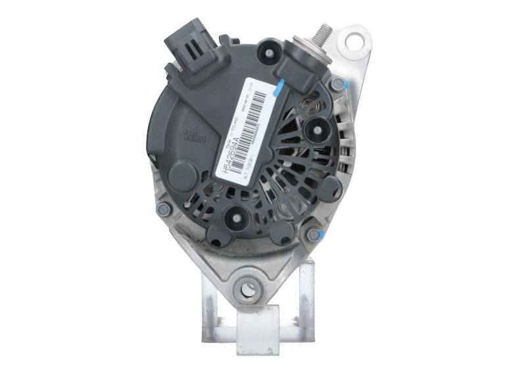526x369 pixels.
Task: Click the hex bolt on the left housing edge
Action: coord(160,209)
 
